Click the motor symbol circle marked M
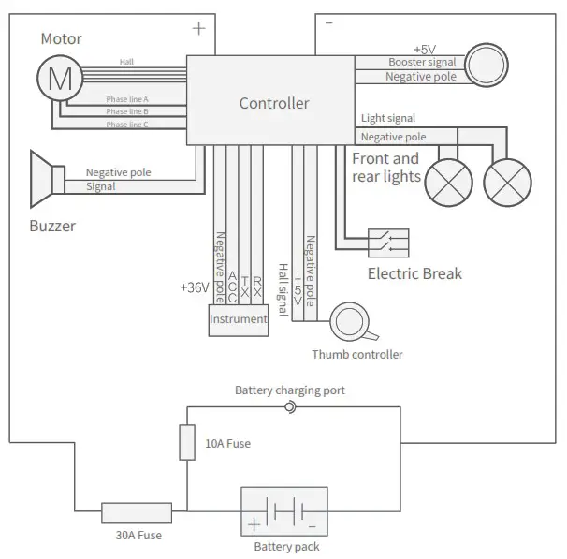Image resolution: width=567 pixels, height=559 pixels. (59, 80)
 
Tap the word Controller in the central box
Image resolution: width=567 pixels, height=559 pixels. (274, 103)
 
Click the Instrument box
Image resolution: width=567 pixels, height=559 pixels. (238, 318)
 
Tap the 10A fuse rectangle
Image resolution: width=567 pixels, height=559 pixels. (187, 442)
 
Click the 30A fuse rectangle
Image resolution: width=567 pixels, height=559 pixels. (137, 512)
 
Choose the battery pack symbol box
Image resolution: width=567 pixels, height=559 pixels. (284, 511)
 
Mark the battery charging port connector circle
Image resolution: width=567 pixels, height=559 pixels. (290, 406)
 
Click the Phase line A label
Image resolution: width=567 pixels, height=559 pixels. (127, 98)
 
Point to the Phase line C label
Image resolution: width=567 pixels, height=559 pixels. (127, 124)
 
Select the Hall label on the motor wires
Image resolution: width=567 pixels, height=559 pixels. (126, 62)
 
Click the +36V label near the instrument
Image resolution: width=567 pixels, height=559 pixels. (194, 287)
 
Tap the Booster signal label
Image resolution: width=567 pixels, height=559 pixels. (422, 62)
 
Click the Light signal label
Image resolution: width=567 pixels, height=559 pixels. (388, 119)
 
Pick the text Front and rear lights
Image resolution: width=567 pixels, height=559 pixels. (385, 168)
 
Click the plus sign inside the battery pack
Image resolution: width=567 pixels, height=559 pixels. (254, 524)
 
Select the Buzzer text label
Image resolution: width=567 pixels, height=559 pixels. (52, 226)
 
